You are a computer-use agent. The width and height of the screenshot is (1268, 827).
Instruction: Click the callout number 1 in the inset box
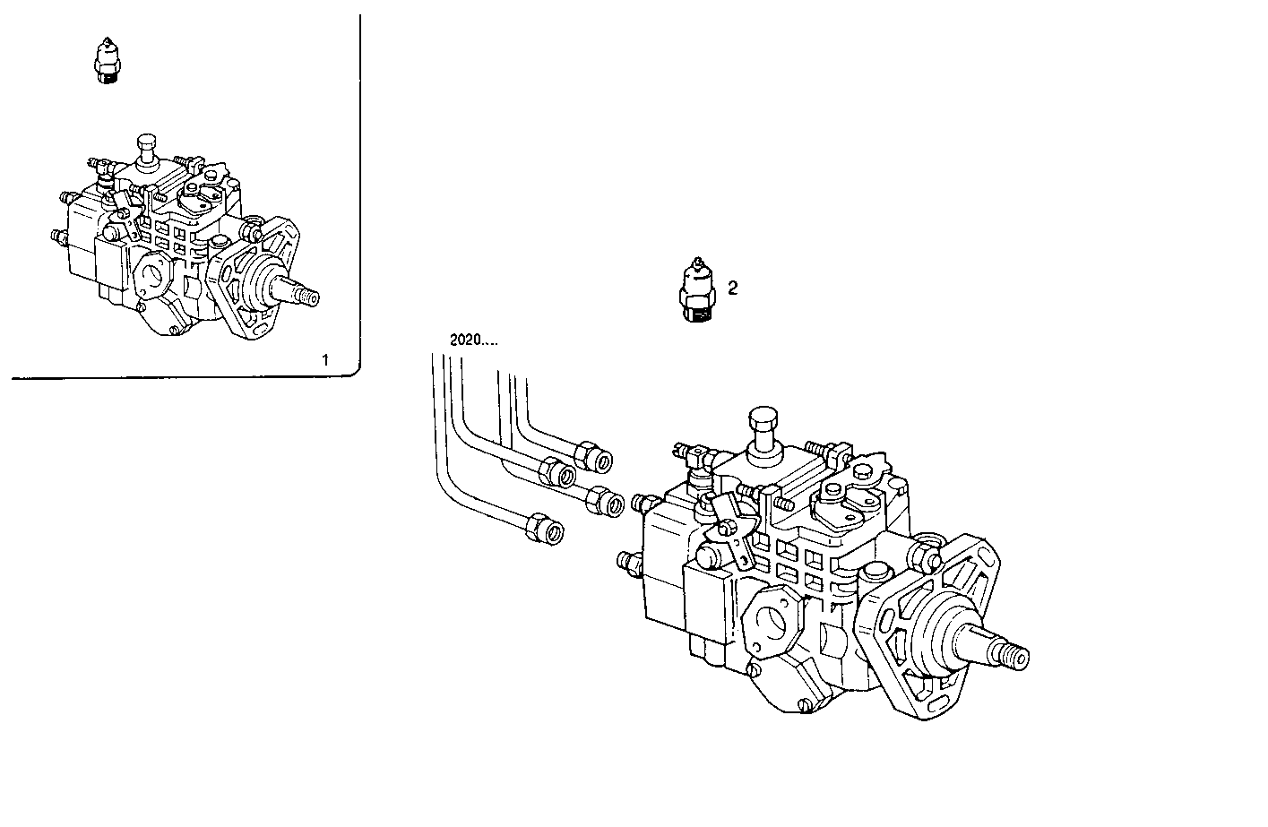325,360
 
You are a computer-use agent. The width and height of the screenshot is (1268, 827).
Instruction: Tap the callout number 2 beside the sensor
732,288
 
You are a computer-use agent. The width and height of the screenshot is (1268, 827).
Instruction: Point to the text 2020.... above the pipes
472,340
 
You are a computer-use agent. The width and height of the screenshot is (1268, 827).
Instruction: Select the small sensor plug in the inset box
108,63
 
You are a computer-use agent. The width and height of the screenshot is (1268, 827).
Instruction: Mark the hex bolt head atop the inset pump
148,145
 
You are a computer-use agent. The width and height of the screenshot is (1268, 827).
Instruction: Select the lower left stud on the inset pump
58,237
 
